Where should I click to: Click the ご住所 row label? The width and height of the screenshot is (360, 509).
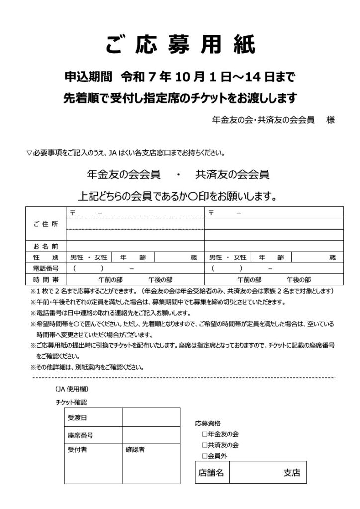[45, 224]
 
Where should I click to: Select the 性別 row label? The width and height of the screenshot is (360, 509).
[45, 257]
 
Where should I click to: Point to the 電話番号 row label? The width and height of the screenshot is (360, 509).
[45, 268]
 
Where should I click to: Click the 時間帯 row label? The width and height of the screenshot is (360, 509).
[45, 279]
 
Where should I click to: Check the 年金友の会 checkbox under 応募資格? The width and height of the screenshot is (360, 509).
[204, 434]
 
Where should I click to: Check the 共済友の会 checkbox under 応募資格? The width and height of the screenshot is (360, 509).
[204, 445]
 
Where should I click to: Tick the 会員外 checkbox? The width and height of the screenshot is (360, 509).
[204, 456]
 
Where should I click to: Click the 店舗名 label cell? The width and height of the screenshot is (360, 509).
[211, 473]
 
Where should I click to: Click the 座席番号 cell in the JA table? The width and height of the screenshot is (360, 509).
[80, 435]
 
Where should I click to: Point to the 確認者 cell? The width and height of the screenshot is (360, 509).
[135, 449]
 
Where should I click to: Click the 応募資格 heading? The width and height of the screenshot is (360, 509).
[208, 424]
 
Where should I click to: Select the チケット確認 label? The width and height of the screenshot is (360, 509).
[71, 402]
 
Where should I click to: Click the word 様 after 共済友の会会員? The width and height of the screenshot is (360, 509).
[330, 120]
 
